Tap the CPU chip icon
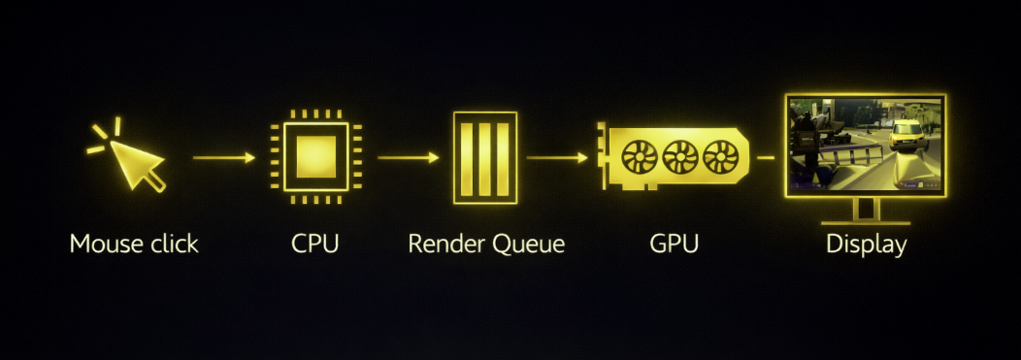(x=315, y=156)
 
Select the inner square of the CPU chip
(x=315, y=156)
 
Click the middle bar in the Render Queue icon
(x=485, y=156)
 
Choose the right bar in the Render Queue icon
(x=502, y=156)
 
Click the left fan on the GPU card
(x=641, y=156)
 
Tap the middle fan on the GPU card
(x=680, y=156)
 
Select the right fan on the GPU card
(x=720, y=156)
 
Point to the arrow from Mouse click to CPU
(x=224, y=156)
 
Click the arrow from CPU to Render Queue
(x=408, y=156)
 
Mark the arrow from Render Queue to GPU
(x=557, y=156)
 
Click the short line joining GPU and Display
(x=766, y=156)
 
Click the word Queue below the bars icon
(x=529, y=244)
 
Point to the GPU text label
(x=674, y=244)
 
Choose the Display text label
(x=866, y=244)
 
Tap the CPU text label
(x=315, y=244)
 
